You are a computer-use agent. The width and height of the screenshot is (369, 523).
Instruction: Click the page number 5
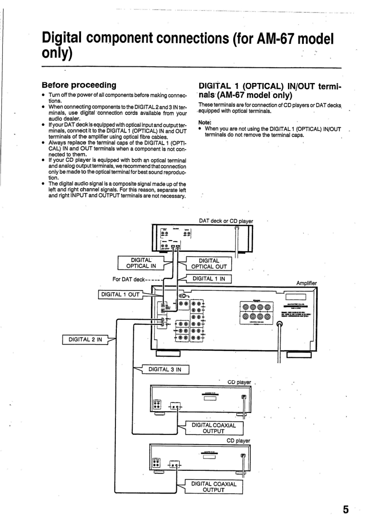pyautogui.click(x=346, y=509)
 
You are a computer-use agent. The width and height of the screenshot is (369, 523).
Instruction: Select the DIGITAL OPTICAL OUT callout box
pyautogui.click(x=208, y=263)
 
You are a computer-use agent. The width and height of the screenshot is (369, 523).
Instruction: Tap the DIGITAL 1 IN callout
pyautogui.click(x=208, y=279)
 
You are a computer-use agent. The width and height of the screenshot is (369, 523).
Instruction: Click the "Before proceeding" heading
pyautogui.click(x=79, y=85)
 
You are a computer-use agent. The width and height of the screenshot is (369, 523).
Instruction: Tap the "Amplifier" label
pyautogui.click(x=306, y=283)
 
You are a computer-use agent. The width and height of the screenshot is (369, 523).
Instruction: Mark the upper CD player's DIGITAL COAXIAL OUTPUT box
pyautogui.click(x=214, y=428)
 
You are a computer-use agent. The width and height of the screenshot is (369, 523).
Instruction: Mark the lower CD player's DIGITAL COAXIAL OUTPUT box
pyautogui.click(x=214, y=487)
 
